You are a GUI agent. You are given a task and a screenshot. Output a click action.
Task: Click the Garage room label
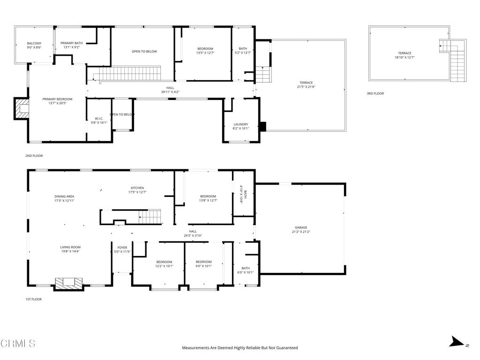tap(300, 227)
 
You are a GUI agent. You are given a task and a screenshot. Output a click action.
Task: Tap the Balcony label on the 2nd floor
tap(34, 44)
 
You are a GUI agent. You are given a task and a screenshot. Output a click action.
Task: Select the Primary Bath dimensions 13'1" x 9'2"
tap(71, 47)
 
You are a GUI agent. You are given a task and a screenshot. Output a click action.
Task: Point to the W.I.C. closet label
tap(98, 118)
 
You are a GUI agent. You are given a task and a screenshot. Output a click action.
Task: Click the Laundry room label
tap(240, 125)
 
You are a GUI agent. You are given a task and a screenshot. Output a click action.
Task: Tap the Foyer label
tap(122, 247)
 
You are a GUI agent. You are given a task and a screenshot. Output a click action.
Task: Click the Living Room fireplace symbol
tap(69, 283)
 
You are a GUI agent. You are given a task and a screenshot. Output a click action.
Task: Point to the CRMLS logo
tap(18, 344)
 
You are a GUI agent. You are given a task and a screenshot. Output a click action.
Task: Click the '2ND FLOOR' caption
tap(34, 156)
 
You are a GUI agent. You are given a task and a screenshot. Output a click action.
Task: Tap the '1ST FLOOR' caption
tap(33, 299)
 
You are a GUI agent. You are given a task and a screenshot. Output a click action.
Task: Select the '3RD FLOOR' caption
tap(375, 94)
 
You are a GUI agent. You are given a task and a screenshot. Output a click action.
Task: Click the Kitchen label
tap(137, 188)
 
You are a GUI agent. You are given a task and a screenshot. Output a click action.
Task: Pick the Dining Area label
tap(64, 196)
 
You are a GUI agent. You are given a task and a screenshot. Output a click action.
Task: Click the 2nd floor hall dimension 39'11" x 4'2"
tap(170, 92)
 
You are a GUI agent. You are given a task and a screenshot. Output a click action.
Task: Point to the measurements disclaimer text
tap(240, 348)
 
